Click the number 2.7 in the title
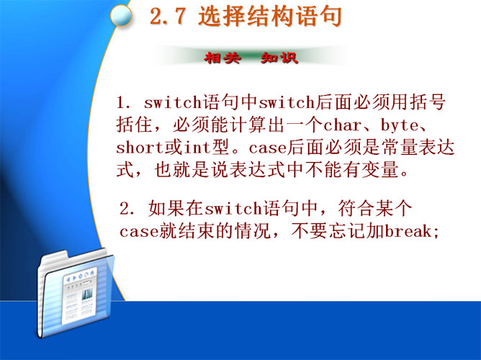(168, 17)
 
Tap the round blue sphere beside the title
(121, 16)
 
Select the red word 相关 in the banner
(222, 58)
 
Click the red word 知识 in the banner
(279, 58)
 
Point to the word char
(342, 125)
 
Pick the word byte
(400, 125)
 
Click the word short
(140, 148)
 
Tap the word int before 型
(197, 148)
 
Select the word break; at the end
(412, 231)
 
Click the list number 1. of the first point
(124, 103)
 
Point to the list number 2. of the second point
(127, 209)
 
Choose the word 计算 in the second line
(248, 125)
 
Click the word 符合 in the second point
(355, 209)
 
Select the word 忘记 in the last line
(347, 231)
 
